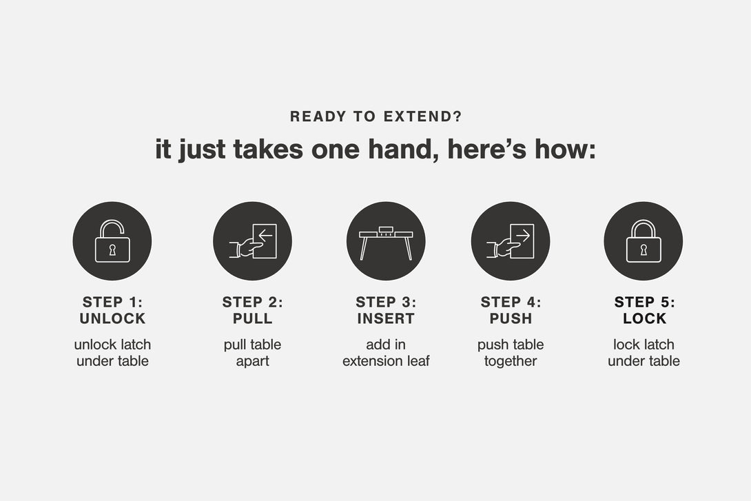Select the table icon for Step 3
(x=386, y=243)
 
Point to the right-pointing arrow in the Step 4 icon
(x=523, y=235)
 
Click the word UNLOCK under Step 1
(x=112, y=318)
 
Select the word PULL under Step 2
(x=252, y=318)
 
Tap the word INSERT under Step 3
(x=386, y=318)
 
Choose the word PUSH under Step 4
(x=511, y=318)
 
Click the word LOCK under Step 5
(x=644, y=318)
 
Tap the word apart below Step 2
(x=252, y=361)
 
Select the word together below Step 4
(x=511, y=361)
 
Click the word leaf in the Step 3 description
(x=418, y=360)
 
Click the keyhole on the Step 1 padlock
(x=112, y=250)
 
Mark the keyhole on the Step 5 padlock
(x=644, y=250)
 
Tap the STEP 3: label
(x=386, y=303)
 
